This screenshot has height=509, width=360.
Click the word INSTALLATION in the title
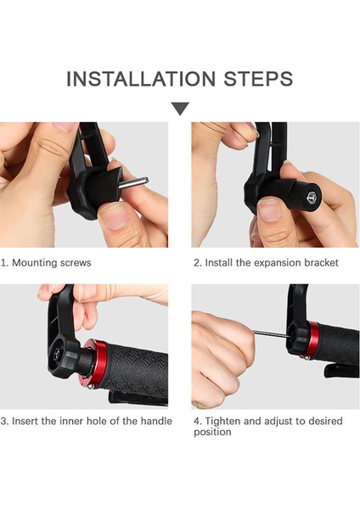point(141,79)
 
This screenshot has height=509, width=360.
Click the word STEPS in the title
point(258,79)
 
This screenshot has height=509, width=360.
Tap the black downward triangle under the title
point(180,109)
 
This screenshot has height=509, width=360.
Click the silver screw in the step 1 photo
point(133,182)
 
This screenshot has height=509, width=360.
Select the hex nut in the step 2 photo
point(312,196)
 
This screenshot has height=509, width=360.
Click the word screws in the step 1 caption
point(75,263)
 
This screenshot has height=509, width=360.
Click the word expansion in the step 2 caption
point(277,263)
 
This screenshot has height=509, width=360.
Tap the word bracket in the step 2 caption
point(321,263)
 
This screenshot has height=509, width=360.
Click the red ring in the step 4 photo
point(313,340)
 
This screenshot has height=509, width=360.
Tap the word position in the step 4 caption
point(212,432)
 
